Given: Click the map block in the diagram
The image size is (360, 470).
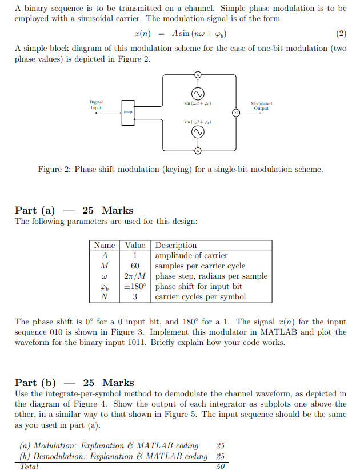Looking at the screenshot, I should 127,113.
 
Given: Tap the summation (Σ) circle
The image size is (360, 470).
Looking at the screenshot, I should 235,113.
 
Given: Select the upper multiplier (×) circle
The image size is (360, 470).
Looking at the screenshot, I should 198,75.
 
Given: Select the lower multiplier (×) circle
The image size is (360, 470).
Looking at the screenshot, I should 198,150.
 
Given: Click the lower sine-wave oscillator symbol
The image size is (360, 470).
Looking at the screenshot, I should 198,132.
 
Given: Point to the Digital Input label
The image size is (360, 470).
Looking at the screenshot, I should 96,105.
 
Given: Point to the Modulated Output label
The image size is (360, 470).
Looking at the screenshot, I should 261,106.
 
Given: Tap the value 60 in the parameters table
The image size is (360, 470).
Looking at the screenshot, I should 135,266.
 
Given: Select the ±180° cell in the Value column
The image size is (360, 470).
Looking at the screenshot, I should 135,287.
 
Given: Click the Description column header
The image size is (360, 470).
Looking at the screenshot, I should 176,246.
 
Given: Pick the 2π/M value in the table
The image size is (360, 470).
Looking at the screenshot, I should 135,276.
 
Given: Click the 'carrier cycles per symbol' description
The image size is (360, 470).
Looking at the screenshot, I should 200,297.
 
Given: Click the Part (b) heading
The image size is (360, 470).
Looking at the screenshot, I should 35,383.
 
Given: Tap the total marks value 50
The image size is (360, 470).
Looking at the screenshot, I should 220,467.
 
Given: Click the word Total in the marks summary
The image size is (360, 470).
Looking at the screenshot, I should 29,467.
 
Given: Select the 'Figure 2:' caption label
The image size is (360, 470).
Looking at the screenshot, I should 54,170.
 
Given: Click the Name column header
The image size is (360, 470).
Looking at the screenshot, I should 104,246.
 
